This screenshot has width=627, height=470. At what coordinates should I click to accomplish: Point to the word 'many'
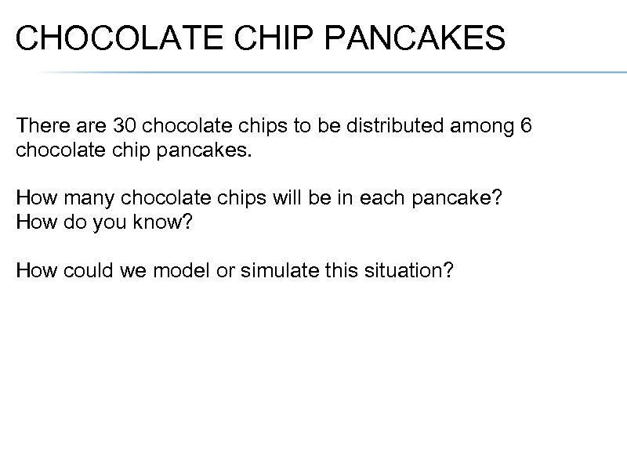pyautogui.click(x=85, y=199)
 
